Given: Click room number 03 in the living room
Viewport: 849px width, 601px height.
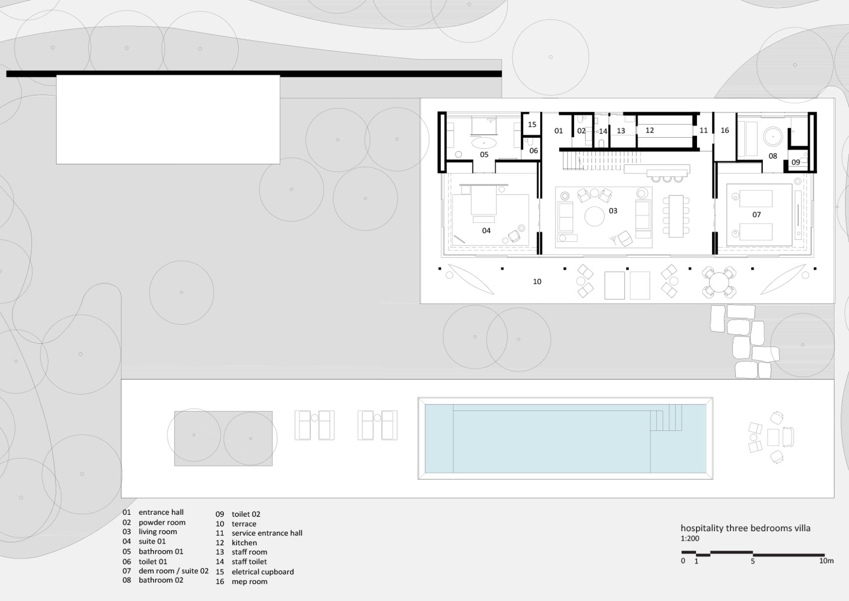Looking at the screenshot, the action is click(613, 211).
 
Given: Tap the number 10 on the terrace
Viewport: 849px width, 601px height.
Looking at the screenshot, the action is click(537, 281).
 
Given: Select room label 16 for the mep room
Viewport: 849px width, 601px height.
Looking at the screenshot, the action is click(724, 130).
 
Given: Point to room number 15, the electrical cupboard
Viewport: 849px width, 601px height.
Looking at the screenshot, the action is click(532, 125).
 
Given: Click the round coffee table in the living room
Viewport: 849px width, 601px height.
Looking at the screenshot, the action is click(594, 216).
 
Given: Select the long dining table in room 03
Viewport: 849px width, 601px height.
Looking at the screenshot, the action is click(676, 216).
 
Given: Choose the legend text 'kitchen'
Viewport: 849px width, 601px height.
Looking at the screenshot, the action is click(244, 543).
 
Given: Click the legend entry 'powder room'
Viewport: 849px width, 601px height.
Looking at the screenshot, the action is click(162, 522).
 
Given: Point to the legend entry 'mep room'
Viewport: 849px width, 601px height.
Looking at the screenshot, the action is click(250, 582).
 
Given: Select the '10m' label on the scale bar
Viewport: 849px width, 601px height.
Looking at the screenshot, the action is click(826, 561).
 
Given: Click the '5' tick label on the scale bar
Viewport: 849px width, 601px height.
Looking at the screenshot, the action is click(752, 561).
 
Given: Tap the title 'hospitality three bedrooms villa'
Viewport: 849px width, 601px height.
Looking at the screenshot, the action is click(745, 528).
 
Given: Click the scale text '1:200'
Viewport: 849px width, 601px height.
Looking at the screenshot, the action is click(690, 539).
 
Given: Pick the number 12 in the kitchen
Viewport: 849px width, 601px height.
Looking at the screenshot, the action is click(649, 130).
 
